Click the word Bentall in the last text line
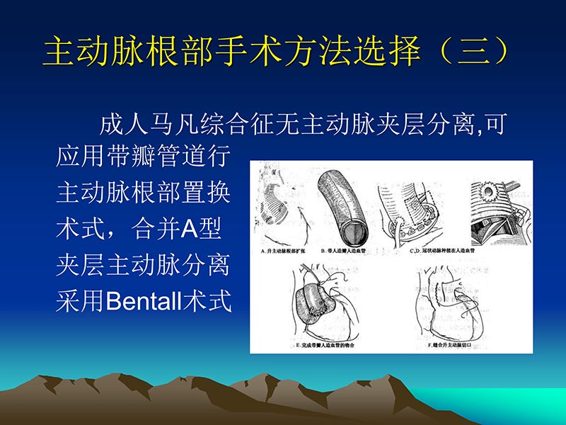point(142,301)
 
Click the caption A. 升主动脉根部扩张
point(284,251)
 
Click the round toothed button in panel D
point(489,191)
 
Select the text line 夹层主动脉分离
point(143,265)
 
